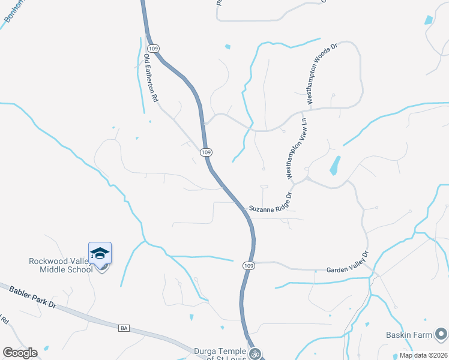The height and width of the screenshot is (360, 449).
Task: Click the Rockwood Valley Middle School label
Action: (61, 265)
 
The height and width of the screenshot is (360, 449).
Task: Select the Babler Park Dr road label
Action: (32, 297)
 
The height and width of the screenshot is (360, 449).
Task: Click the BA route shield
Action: (124, 328)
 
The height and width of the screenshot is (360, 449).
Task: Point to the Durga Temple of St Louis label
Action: (220, 354)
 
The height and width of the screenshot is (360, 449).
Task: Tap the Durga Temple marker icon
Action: (255, 353)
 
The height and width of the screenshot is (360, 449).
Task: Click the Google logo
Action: (20, 352)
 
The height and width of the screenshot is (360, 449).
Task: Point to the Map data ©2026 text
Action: (423, 355)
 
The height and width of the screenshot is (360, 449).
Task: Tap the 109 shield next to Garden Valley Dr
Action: (249, 265)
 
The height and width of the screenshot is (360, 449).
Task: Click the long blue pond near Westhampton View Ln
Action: (334, 166)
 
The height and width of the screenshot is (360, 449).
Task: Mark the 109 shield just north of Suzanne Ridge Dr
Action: (206, 152)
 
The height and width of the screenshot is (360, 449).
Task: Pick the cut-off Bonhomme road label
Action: (13, 11)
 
